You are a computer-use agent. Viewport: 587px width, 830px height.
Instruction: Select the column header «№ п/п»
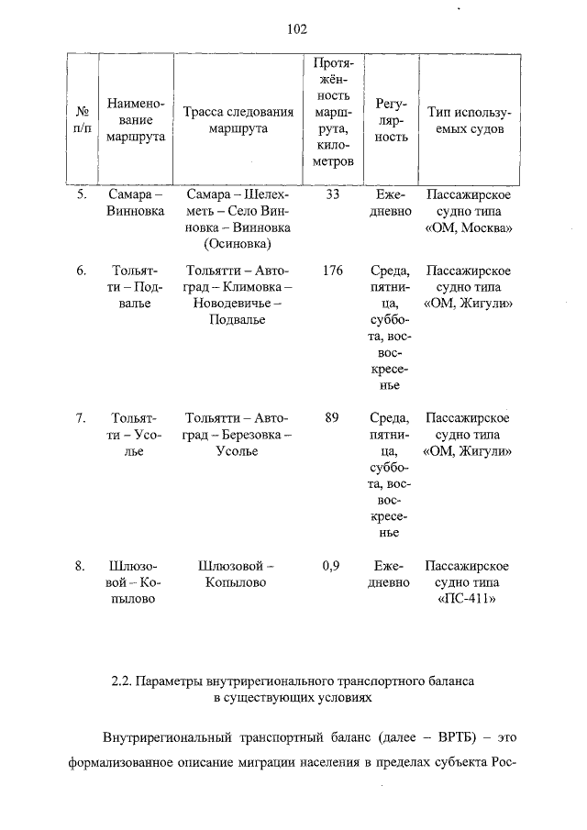[82, 120]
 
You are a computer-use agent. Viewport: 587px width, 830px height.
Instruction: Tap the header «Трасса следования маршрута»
[238, 120]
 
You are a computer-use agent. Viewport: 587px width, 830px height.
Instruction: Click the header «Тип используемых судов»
[468, 120]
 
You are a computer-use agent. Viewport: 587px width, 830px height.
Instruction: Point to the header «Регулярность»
[392, 120]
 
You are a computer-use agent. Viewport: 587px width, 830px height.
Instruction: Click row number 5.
[81, 195]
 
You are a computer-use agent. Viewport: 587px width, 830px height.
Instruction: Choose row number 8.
[81, 566]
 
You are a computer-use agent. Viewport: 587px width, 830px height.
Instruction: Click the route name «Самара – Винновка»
[135, 204]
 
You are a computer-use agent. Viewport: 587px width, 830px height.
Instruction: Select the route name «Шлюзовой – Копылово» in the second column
[135, 582]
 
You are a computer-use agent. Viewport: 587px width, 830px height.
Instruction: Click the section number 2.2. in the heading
[122, 681]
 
